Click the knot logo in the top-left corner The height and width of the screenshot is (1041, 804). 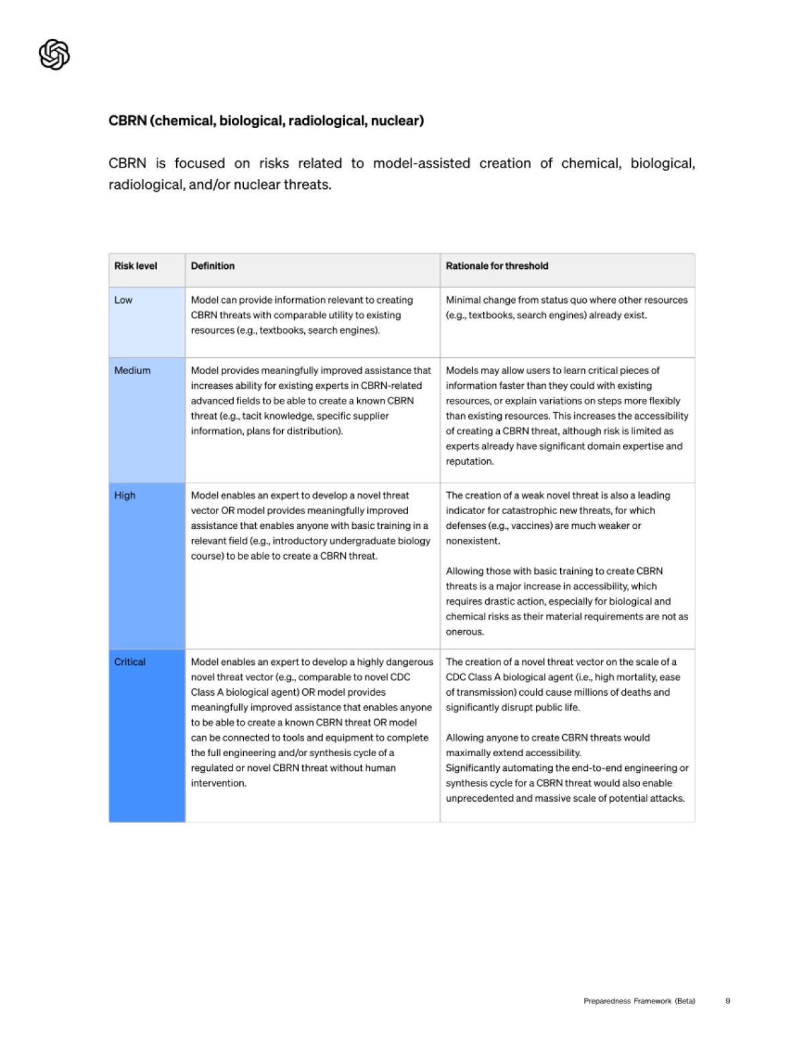coord(54,54)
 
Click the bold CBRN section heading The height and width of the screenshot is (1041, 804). coord(266,121)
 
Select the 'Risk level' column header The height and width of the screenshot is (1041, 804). coord(135,266)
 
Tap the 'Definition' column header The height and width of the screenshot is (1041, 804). coord(212,266)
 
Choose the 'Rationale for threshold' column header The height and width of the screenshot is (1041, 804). coord(496,266)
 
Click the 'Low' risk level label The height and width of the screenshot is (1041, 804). coord(123,300)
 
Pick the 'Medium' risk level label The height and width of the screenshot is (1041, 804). coord(132,371)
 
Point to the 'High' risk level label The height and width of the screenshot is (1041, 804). coord(125,495)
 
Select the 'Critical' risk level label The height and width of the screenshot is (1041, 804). coord(129,662)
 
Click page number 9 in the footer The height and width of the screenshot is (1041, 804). coord(728,1001)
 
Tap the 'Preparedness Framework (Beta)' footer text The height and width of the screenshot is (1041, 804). coord(639,1001)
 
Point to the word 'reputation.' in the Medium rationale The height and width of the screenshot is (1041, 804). coord(470,462)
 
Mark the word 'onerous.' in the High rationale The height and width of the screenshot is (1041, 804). coord(464,632)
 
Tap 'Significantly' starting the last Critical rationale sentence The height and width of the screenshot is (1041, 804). coord(475,768)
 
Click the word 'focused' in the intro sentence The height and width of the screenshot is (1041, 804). coord(200,164)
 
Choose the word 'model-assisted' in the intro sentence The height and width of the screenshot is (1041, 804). coord(421,164)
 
